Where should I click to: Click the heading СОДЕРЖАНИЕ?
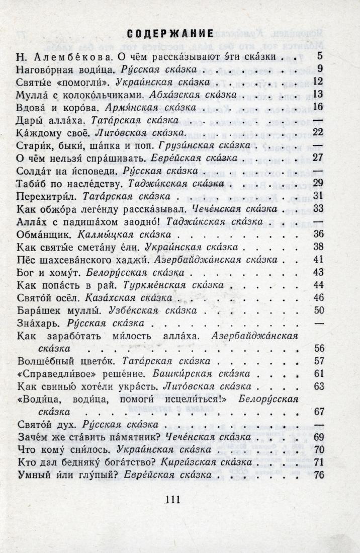169,34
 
